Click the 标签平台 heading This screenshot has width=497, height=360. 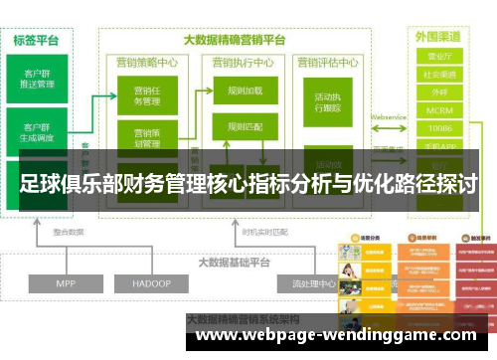coord(37,41)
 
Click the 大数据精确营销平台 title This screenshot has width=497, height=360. coord(235,41)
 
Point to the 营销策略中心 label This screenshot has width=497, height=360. coord(146,62)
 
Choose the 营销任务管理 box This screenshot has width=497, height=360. coord(146,96)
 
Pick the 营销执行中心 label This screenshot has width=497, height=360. coord(244,62)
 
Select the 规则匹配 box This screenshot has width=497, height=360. coord(245,126)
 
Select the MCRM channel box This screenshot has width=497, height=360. coord(438,110)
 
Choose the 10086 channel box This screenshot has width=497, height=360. coord(438,128)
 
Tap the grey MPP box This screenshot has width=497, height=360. coord(66,284)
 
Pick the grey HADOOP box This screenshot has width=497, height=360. coord(151,284)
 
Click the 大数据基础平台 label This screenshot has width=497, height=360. coord(235,264)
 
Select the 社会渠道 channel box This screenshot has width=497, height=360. coord(438,75)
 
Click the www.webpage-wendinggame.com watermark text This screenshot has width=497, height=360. coord(343,334)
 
